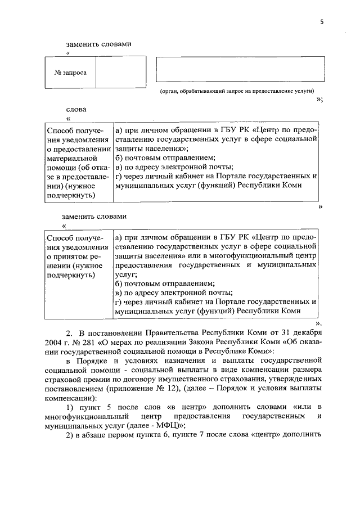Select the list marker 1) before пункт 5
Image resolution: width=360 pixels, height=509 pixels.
pos(70,407)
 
